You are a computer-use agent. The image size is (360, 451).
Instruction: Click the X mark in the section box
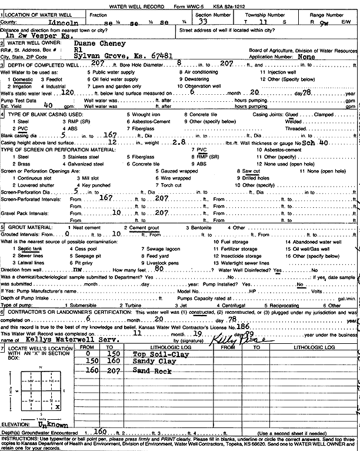(x=57, y=406)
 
